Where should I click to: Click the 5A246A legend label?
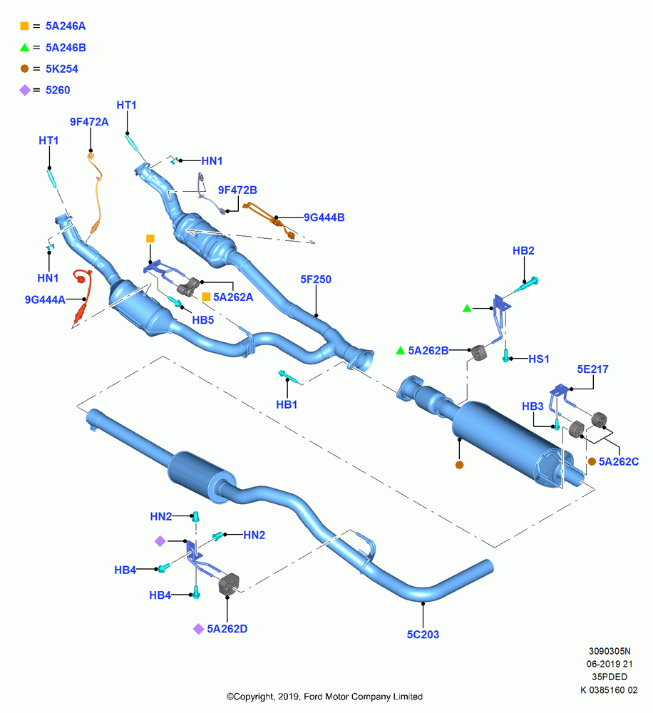point(66,26)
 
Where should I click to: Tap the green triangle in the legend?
point(24,47)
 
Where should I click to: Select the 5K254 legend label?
point(62,68)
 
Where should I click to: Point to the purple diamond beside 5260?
point(24,90)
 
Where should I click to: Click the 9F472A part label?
point(89,122)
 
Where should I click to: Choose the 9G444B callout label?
point(324,217)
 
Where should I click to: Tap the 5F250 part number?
point(316,279)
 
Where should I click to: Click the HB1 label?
point(287,404)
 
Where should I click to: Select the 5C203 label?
point(423,635)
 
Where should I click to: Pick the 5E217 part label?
point(592,369)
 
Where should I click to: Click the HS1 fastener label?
point(539,359)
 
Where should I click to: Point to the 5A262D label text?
point(227,629)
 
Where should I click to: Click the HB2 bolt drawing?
point(527,284)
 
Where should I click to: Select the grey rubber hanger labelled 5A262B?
point(478,352)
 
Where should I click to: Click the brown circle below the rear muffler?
point(459,465)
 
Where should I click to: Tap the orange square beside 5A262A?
point(206,297)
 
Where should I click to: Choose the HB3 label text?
point(533,406)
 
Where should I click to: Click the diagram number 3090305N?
point(610,651)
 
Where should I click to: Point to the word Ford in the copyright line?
point(313,696)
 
